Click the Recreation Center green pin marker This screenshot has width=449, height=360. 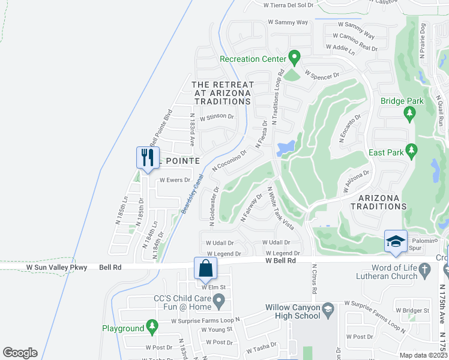point(294,58)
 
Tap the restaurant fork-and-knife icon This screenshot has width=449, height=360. point(148,158)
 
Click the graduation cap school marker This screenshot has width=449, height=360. point(396,241)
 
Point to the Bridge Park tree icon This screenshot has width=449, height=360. point(411,112)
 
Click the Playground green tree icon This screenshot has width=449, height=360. point(152,327)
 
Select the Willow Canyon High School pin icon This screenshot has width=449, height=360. point(327,310)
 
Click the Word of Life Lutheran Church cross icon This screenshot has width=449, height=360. point(426,271)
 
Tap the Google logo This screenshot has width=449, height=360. point(20,353)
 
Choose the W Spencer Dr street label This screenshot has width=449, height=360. point(322,76)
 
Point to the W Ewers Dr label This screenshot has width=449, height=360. point(175,179)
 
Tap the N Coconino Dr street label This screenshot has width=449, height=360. point(229,161)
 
